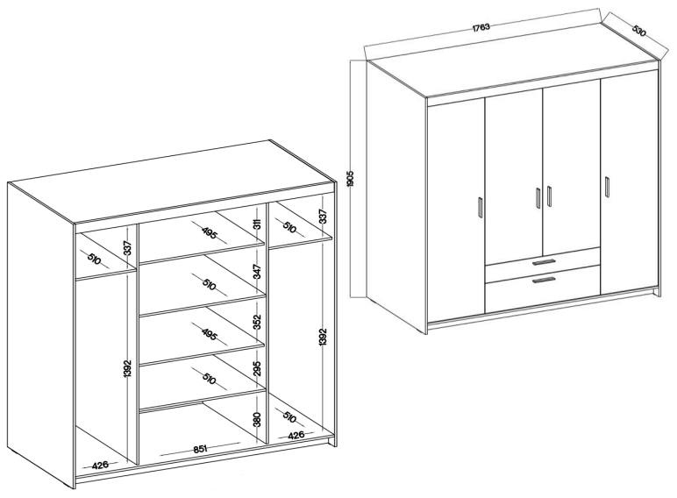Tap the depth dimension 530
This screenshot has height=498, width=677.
pos(639,30)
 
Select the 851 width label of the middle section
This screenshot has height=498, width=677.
pos(201,449)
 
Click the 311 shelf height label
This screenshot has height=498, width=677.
pos(258,224)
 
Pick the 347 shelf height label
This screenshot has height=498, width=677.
pos(258,272)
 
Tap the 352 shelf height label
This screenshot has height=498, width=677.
pos(258,322)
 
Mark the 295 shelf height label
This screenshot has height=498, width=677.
pos(258,368)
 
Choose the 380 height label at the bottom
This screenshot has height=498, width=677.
pos(258,418)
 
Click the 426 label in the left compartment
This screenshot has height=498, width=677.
pos(100,465)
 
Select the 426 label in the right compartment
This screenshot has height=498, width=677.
pos(296,435)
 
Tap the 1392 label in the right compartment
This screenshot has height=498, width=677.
pos(324,338)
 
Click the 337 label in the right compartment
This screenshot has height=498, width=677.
pos(324,216)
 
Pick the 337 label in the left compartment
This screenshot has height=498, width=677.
pos(127,248)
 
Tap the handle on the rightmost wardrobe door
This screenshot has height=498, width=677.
pos(607,187)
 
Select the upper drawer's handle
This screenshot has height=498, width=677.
pos(544,262)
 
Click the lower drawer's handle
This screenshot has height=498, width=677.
pos(544,281)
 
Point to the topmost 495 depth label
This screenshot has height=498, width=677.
pos(210,234)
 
